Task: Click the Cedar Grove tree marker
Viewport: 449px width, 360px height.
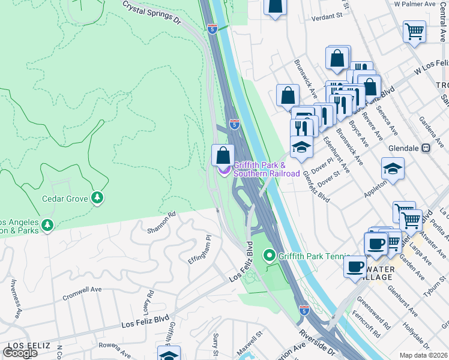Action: pos(97,198)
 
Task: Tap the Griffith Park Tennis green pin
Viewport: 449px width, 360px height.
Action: pos(270,256)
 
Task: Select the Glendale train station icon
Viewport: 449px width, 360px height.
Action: pos(426,148)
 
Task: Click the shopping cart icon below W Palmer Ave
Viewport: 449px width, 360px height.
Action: pos(415,31)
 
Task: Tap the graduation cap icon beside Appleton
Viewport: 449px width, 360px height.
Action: pos(393,169)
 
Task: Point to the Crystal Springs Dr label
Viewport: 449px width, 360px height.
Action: pos(152,12)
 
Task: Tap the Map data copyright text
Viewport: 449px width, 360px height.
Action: pos(424,355)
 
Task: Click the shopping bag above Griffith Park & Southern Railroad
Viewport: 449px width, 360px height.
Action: pos(223,155)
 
